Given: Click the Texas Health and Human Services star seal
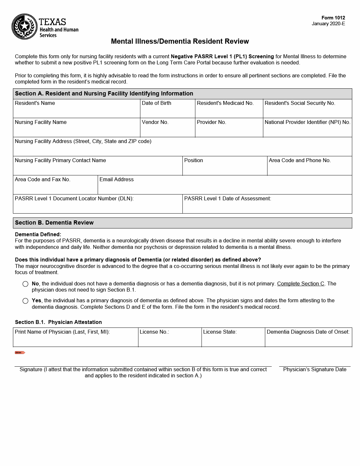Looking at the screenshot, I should [25, 27].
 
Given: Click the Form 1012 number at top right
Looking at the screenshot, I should [333, 18].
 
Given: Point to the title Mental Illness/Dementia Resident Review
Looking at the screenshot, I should [180, 41].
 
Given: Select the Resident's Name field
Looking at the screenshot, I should [76, 111].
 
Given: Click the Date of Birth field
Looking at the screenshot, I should [168, 111].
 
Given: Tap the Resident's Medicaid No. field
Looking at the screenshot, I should [229, 111].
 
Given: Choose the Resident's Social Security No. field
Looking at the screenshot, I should [307, 111].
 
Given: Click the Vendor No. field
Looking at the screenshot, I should [168, 130].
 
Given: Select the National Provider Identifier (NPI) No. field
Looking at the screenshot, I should [307, 130].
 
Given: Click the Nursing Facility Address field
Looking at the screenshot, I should [182, 150].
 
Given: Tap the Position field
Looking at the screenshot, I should [225, 169].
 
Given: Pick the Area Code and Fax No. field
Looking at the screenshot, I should [55, 188].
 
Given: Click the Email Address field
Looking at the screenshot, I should [225, 188].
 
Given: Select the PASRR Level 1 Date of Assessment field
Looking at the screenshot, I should [267, 207].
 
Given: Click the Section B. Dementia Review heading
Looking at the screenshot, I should [54, 223].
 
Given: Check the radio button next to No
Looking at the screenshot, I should [26, 284].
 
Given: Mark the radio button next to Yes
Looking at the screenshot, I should [26, 301].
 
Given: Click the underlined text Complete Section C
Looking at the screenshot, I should [300, 284].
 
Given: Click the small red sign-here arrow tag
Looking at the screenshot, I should [20, 352].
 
